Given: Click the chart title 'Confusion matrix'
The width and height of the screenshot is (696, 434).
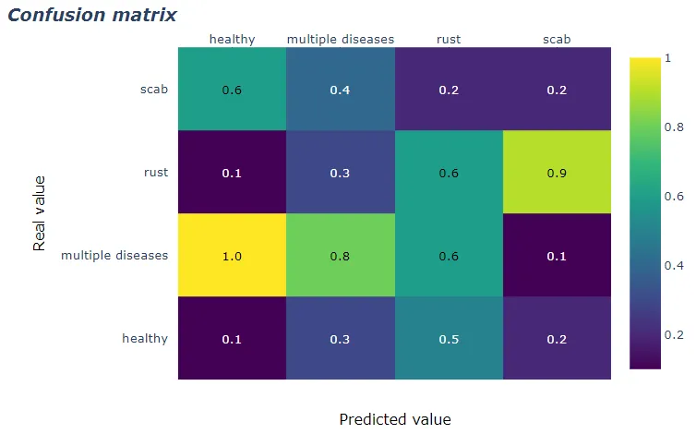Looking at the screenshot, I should click(92, 16).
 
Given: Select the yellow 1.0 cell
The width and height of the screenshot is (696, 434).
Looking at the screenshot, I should click(232, 256).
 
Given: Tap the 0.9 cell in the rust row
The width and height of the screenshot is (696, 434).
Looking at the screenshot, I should click(557, 173).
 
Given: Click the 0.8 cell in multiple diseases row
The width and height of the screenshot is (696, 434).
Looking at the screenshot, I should click(340, 256).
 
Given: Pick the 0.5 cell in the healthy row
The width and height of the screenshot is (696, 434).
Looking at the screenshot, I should click(449, 339).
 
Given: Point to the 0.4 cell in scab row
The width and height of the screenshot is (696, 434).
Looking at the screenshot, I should click(340, 90).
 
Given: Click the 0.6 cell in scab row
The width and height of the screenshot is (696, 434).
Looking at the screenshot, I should click(232, 90).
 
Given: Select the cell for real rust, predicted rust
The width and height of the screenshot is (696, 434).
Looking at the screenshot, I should click(449, 173).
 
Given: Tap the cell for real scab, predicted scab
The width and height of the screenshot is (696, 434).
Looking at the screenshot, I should click(557, 90).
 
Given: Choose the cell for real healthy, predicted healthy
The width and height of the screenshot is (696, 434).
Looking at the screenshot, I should click(232, 339).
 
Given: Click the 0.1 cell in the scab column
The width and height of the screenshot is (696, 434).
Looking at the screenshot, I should click(557, 256).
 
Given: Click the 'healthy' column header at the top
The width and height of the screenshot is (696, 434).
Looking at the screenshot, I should click(232, 39).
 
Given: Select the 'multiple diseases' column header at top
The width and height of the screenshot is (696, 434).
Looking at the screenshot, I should click(340, 39).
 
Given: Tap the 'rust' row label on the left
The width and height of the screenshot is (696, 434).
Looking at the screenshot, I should click(155, 173).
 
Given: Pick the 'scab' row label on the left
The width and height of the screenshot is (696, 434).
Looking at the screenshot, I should click(153, 90).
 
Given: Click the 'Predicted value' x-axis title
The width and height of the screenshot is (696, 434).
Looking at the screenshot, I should click(394, 419).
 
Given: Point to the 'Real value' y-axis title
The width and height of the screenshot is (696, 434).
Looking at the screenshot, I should click(40, 212).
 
